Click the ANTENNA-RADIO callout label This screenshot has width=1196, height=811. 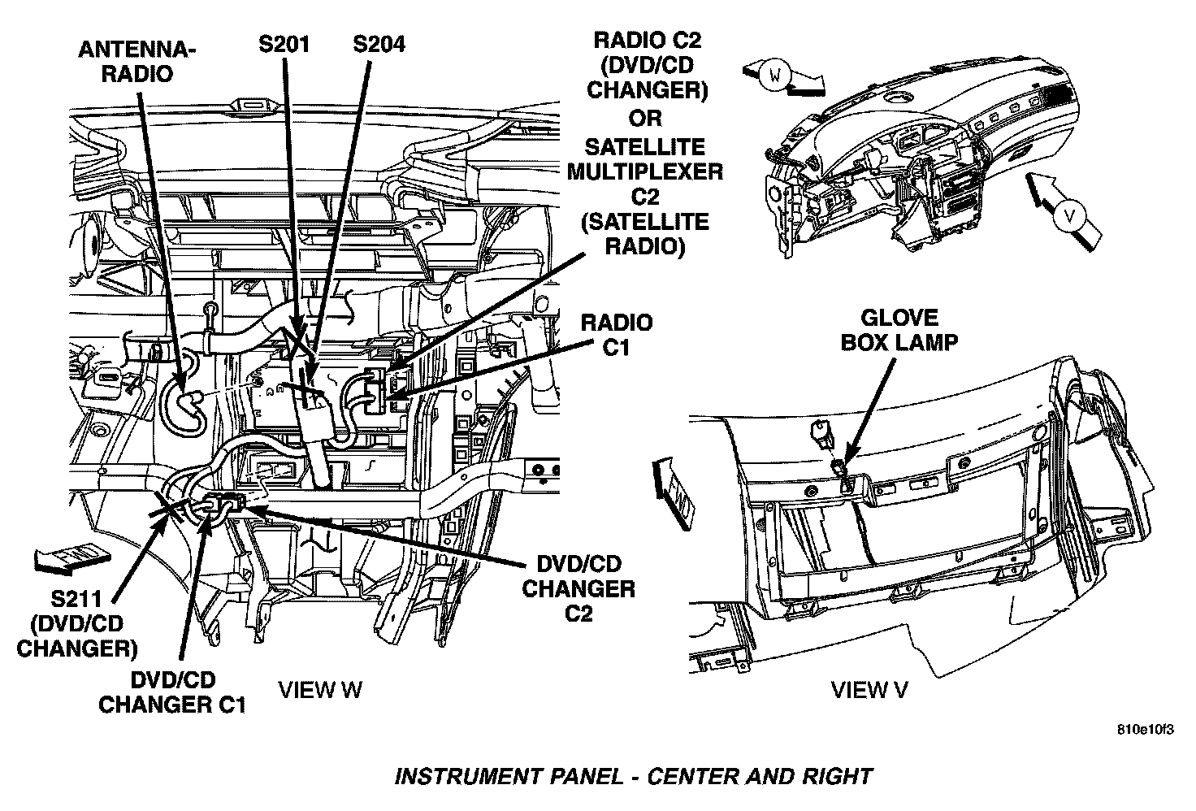[x=136, y=62]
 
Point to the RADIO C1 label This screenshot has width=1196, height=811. [x=616, y=335]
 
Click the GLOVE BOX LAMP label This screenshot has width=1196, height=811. [x=899, y=329]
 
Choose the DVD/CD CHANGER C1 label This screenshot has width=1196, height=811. [x=171, y=691]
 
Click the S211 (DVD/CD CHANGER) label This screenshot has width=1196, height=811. [x=77, y=624]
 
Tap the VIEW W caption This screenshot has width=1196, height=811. [x=320, y=690]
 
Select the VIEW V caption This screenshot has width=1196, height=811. [x=869, y=690]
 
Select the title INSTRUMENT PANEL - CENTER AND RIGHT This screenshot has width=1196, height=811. [x=633, y=776]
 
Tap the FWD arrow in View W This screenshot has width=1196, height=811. [x=72, y=557]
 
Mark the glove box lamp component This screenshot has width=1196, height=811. [x=840, y=471]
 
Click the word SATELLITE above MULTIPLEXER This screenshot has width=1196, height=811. [x=647, y=147]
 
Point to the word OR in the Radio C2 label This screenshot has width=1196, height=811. [x=647, y=118]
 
